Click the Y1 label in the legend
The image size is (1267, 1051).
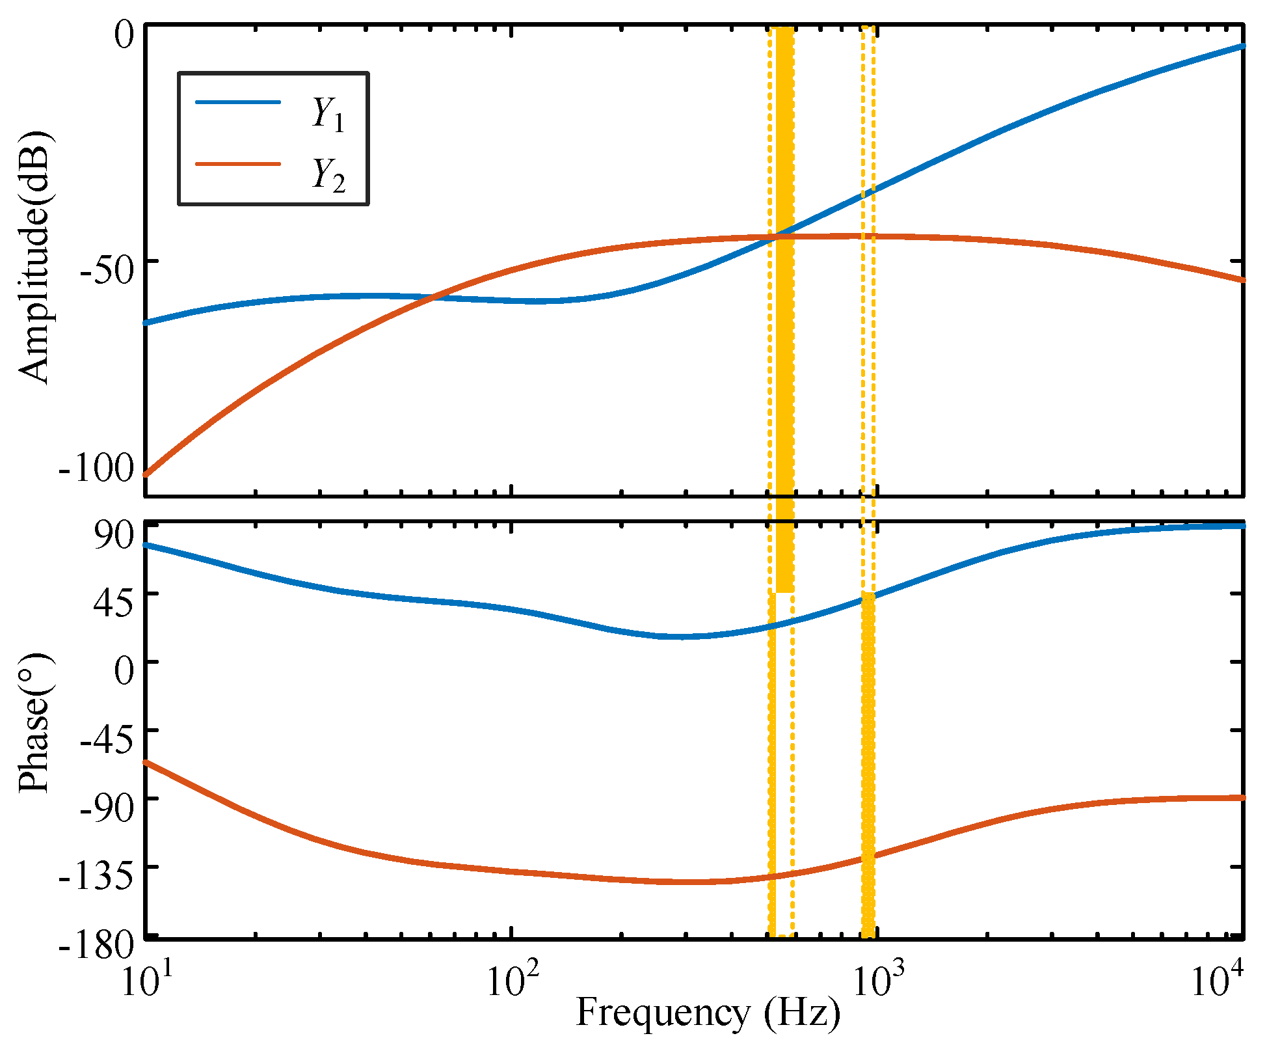(328, 114)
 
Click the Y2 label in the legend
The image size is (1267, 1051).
(328, 174)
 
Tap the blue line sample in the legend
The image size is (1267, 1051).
(238, 102)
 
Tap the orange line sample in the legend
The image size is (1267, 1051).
(238, 164)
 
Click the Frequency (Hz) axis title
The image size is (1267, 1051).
(708, 1013)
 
